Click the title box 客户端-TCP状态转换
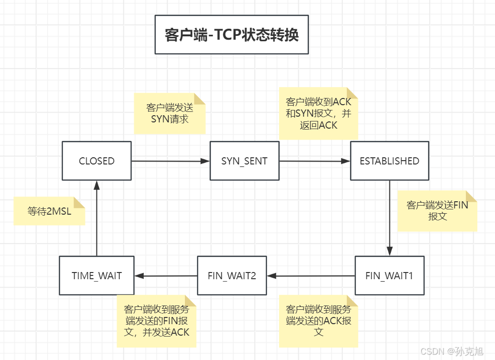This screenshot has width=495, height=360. (232, 34)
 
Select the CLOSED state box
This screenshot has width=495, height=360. (97, 161)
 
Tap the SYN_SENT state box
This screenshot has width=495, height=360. (244, 161)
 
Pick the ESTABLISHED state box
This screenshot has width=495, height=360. (389, 161)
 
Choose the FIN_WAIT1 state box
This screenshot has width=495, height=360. (389, 276)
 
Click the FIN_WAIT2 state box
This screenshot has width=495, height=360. (232, 276)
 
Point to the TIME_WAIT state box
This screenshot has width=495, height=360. (97, 276)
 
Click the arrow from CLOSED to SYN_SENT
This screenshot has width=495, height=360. (171, 161)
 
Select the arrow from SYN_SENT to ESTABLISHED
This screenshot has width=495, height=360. (314, 161)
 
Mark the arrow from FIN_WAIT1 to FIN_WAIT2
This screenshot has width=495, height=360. (311, 276)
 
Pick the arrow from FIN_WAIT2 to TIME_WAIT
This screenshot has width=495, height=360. (166, 276)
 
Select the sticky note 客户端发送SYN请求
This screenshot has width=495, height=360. (170, 113)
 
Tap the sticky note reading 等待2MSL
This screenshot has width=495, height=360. (49, 211)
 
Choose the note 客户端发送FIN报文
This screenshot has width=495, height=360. (437, 211)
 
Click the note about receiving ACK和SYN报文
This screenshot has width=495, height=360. (318, 114)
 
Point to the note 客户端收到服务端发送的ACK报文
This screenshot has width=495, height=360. (318, 320)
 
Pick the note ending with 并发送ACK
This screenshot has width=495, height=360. (157, 320)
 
